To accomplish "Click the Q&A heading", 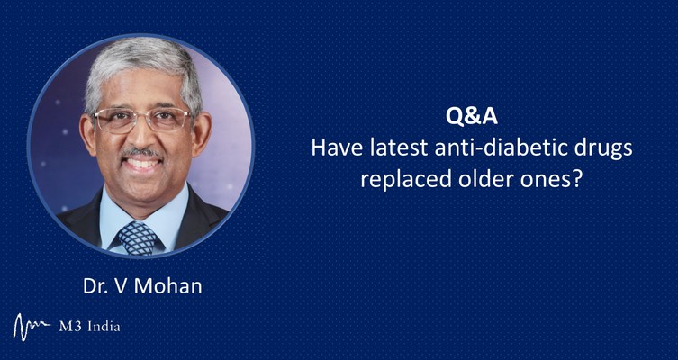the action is coord(471,117).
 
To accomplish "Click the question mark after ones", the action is coord(574,179).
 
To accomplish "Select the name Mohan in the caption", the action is coord(168,286).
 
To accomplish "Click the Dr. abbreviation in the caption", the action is coord(95,286).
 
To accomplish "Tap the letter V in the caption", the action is coord(121,286).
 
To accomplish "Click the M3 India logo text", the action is coord(89,327).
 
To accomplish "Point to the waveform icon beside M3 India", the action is coord(32,327).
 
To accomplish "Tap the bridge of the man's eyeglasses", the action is coord(142,115).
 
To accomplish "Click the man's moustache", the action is coord(142,152).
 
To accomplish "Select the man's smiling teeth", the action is coord(142,164).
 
